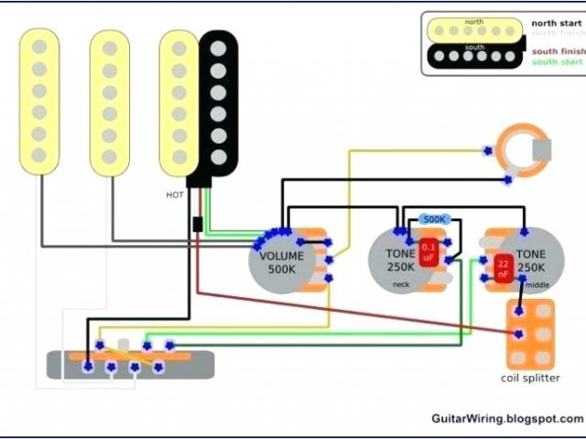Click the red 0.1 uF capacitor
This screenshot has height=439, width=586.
point(428,252)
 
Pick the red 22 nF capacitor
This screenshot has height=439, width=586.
point(503,267)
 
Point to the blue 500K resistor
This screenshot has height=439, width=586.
point(432,219)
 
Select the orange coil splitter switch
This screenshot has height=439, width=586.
point(531,334)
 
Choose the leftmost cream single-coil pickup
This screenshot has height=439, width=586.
point(40,101)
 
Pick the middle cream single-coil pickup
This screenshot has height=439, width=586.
point(109,101)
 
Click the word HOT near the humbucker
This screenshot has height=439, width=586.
point(174,195)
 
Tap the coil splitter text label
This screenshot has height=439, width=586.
point(532,379)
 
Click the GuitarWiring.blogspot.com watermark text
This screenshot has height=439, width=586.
point(506,418)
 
